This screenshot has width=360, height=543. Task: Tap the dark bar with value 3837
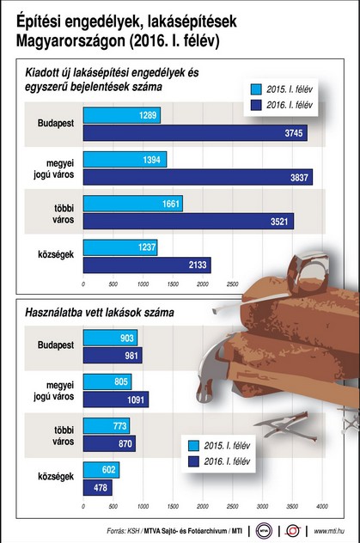tap(198, 176)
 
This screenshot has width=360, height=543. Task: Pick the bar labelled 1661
tap(132, 204)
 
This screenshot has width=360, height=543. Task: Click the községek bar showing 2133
tap(146, 265)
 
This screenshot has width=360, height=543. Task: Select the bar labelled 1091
tap(115, 400)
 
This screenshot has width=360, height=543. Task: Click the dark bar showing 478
tap(97, 487)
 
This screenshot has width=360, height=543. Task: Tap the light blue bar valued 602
tap(101, 470)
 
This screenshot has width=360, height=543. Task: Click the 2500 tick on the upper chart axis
tap(231, 283)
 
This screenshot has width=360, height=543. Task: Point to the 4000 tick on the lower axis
tap(322, 506)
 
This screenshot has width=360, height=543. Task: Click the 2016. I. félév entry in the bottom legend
tap(222, 461)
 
